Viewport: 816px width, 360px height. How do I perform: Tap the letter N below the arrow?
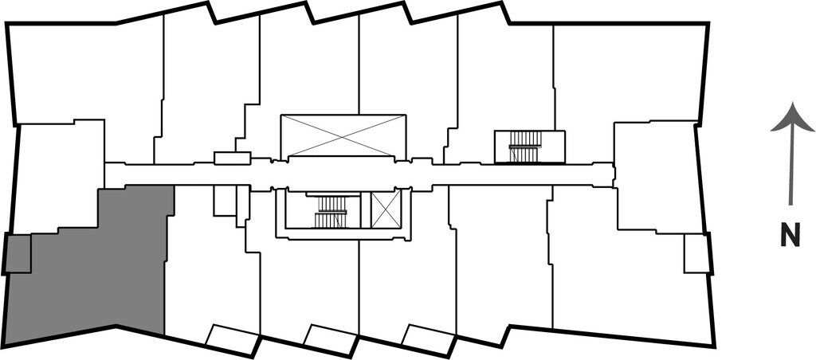coord(790,237)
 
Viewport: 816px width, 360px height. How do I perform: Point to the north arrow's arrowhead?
coord(791,118)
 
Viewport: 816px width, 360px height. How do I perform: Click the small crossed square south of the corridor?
coord(386,209)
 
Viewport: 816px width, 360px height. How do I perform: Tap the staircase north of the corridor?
coord(525,147)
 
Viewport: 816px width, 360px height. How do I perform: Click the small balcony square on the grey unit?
coord(18,254)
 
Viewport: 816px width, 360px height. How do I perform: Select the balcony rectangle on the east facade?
coord(696,254)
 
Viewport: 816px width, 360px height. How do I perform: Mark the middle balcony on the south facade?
coord(330,338)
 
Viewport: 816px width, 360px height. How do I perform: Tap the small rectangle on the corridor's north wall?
coord(233,158)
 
